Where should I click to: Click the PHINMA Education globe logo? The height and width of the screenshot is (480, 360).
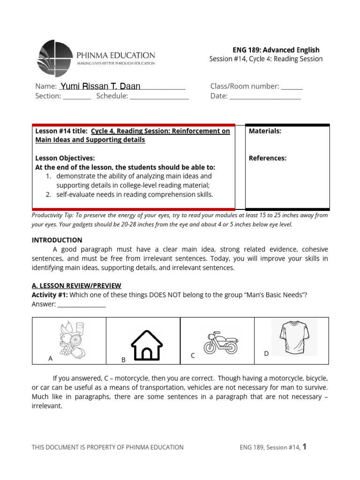pos(55,58)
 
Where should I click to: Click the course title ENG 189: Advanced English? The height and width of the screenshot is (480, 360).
pos(276,50)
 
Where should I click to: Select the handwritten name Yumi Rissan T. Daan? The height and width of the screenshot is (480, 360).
pos(100,86)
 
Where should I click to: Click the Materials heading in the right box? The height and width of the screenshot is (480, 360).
pos(265,131)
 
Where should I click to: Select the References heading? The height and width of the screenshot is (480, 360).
pos(267,158)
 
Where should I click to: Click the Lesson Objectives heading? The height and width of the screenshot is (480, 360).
pos(65,158)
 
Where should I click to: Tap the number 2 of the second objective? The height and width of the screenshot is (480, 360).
pos(48,194)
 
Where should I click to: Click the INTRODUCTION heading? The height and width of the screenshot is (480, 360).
pos(57,240)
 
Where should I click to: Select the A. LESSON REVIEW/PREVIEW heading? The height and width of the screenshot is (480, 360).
pos(76,285)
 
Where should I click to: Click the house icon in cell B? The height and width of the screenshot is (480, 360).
pos(147,345)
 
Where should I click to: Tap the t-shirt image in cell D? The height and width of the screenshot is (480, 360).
pos(294,337)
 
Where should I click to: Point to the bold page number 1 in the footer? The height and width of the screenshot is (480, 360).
pos(304,447)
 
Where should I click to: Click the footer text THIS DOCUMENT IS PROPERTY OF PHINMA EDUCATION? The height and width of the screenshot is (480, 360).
pos(107,447)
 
